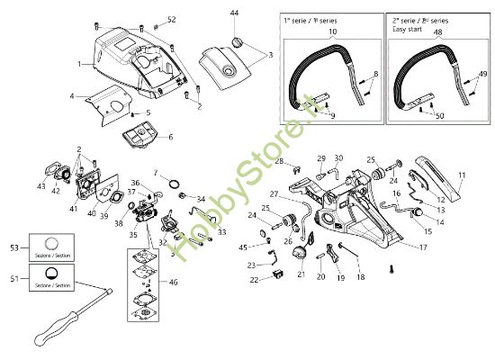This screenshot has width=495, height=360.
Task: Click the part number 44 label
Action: (x=234, y=13)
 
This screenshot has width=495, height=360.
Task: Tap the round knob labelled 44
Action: (x=238, y=42)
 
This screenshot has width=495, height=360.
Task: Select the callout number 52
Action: (x=172, y=20)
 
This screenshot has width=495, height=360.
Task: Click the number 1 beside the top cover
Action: (x=80, y=64)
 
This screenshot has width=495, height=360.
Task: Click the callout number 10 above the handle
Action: (x=333, y=32)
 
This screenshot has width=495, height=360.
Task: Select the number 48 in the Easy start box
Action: (x=439, y=32)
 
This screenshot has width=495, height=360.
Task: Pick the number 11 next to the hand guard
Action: (x=462, y=175)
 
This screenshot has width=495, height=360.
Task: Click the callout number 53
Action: (x=13, y=245)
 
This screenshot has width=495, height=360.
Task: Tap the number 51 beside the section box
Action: (x=13, y=279)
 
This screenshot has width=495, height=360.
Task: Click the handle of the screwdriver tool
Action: (x=45, y=336)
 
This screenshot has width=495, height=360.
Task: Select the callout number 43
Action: (x=40, y=187)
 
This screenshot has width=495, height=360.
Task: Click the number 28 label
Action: (x=279, y=161)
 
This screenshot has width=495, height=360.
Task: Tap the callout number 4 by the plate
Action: (x=71, y=94)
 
